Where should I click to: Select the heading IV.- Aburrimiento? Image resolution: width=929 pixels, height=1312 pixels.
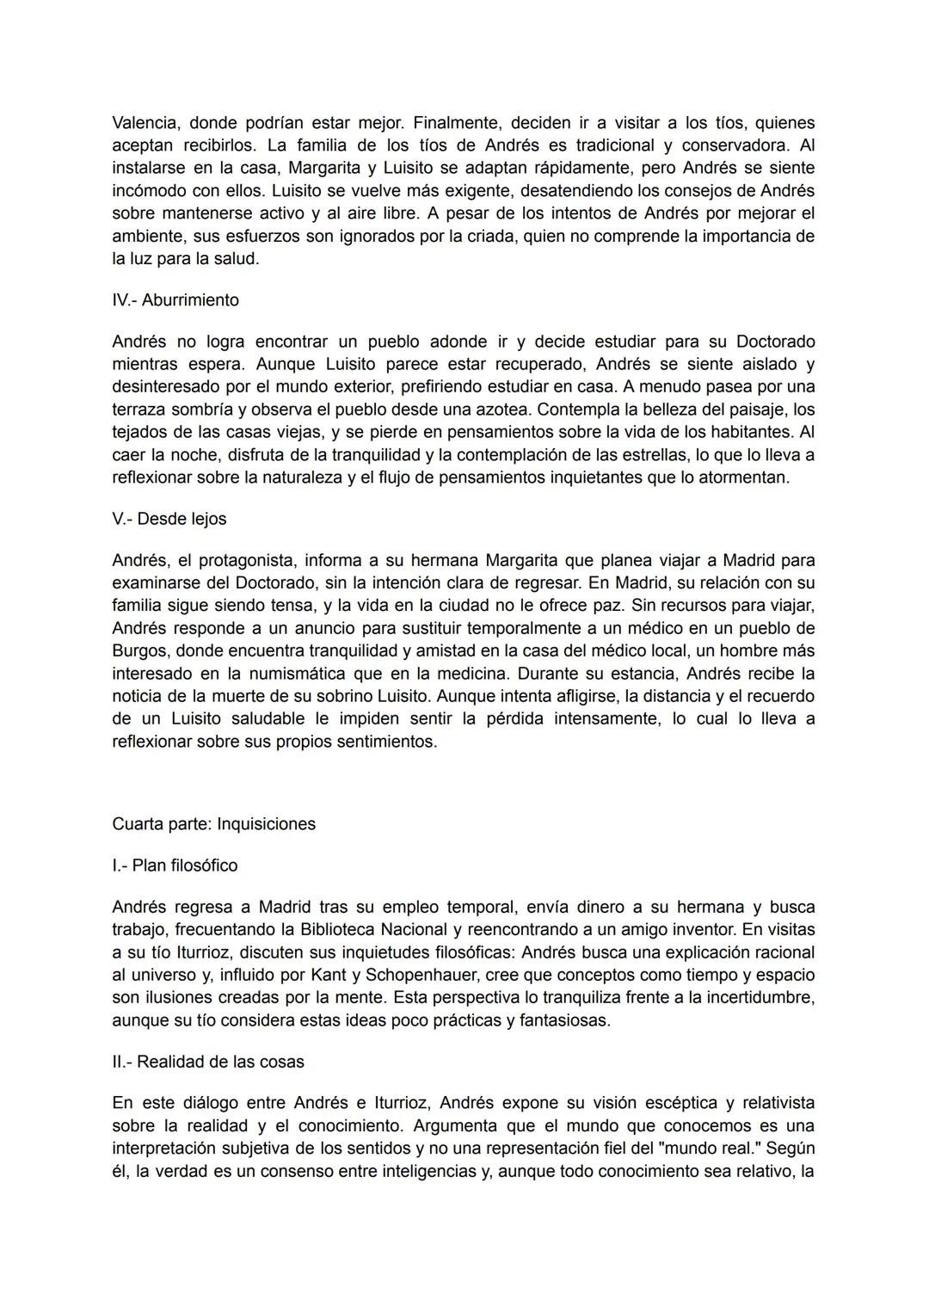click(x=175, y=300)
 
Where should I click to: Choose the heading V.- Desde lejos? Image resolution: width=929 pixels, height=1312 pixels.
click(x=169, y=519)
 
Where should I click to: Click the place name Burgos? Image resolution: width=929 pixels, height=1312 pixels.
click(x=141, y=650)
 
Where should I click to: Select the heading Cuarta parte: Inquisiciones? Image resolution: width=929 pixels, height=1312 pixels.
click(x=214, y=823)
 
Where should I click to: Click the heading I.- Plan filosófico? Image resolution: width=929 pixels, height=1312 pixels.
click(x=175, y=865)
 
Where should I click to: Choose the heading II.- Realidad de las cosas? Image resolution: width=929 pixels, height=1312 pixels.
click(x=208, y=1062)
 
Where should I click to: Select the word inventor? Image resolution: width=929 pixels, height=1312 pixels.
click(x=698, y=929)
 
